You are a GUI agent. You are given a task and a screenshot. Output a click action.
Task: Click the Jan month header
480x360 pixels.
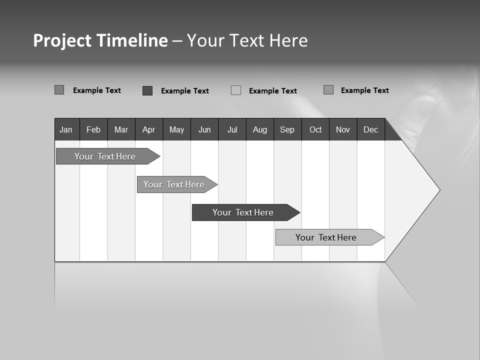(66, 129)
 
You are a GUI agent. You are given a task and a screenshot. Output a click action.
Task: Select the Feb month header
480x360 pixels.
(93, 129)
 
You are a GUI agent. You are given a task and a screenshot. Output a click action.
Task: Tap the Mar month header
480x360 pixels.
(121, 129)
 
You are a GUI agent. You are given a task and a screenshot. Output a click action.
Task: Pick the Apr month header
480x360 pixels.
(149, 129)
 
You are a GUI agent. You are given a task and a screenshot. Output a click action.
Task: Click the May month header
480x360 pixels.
(176, 129)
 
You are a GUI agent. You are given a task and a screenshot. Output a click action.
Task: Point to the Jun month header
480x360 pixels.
(204, 129)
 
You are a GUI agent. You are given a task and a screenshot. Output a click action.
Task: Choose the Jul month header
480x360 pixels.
(232, 129)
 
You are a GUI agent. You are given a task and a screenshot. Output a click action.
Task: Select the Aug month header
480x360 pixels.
(260, 129)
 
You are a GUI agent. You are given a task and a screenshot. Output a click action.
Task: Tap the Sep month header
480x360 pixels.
(287, 129)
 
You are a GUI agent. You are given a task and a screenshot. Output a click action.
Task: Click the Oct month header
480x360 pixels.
(315, 129)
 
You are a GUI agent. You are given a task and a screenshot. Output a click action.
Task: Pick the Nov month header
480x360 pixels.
(343, 129)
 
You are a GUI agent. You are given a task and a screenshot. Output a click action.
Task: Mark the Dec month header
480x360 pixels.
(371, 129)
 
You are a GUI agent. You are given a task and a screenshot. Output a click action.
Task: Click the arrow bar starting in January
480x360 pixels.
(105, 156)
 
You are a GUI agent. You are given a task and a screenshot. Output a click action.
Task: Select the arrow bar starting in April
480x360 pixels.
(174, 184)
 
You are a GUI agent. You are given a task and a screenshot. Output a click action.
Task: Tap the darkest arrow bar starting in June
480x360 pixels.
(243, 212)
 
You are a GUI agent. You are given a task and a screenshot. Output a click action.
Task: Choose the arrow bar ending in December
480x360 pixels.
(326, 237)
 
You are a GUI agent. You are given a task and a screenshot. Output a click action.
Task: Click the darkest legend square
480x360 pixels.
(147, 90)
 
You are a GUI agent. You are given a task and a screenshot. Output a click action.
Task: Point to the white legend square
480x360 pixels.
(236, 90)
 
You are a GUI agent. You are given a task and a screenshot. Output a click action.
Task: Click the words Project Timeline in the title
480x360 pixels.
(100, 40)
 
